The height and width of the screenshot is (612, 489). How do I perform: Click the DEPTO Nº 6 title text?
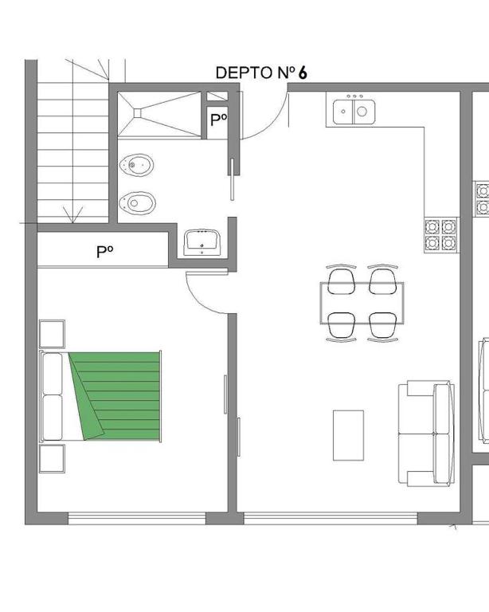click(x=261, y=73)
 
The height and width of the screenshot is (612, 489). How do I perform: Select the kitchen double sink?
click(x=354, y=112)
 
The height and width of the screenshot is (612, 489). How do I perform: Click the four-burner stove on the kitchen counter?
click(x=440, y=235)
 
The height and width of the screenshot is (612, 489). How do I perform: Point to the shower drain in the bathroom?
click(x=137, y=113)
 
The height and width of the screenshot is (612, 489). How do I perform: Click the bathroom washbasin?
click(x=202, y=242)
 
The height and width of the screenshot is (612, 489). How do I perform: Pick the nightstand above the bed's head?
click(x=52, y=334)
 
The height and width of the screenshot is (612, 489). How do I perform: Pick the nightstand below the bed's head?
click(x=52, y=459)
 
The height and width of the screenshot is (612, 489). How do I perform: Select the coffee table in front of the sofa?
click(x=348, y=435)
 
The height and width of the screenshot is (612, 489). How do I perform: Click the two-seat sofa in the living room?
click(x=426, y=433)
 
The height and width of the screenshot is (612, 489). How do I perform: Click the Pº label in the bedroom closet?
click(x=105, y=252)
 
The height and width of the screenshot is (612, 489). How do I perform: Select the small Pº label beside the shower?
click(x=218, y=120)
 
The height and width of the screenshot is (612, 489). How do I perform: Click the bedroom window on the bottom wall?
click(x=137, y=518)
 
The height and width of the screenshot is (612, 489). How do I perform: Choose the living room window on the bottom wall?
click(x=331, y=518)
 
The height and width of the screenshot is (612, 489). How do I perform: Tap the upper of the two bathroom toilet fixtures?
click(x=136, y=165)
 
